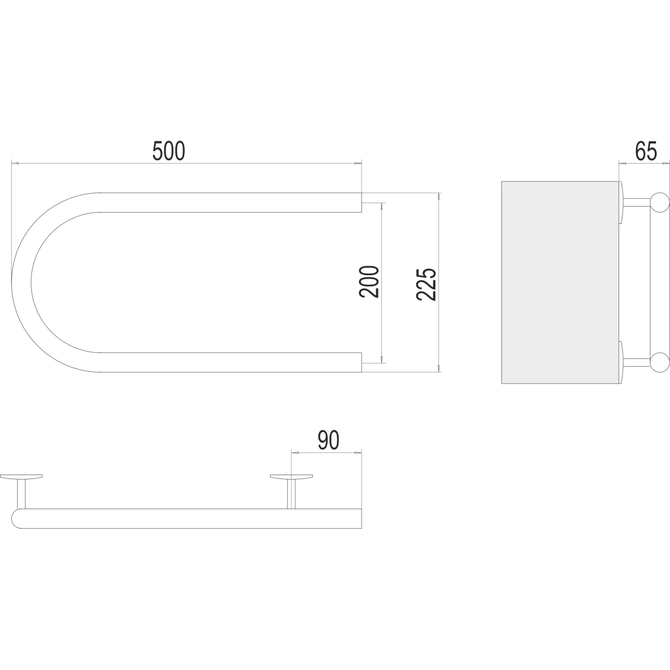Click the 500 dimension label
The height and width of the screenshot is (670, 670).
pos(169,151)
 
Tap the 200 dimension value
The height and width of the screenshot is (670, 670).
pos(369,281)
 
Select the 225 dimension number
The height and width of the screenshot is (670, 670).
pos(426,284)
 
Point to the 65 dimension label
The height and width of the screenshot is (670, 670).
pos(646,151)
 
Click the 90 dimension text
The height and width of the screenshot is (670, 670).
pos(328,440)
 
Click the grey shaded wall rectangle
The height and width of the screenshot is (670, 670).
pos(560,283)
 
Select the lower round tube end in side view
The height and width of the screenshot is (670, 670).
pos(659,362)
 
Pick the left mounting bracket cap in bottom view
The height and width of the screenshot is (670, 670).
pos(21,476)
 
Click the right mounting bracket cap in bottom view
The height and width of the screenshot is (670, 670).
pos(291,476)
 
